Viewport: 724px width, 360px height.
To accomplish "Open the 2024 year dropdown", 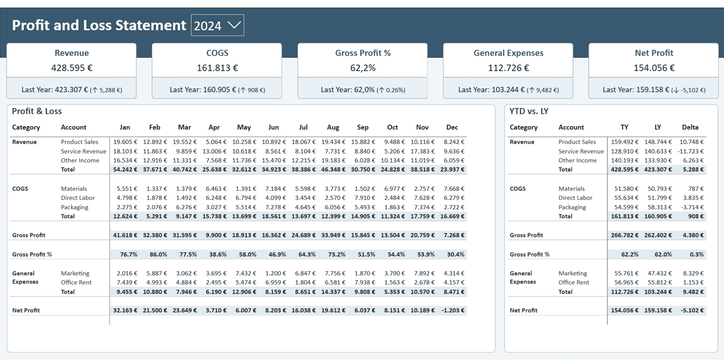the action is point(218,25).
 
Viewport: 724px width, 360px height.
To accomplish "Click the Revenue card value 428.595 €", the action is point(72,68).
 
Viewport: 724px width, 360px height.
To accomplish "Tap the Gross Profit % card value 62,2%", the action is point(363,68).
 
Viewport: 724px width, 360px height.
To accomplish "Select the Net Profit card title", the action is point(654,53).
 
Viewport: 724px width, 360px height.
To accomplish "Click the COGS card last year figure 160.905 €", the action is point(220,90).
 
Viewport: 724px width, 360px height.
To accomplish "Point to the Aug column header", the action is point(333,128).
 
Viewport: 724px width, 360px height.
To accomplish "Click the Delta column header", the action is point(690,128).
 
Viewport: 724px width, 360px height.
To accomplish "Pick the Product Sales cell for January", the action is point(125,142).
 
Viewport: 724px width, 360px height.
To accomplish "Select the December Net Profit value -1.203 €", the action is point(453,310).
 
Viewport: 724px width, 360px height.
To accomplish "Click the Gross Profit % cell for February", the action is point(158,254).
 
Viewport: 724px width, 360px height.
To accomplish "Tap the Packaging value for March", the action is point(185,207).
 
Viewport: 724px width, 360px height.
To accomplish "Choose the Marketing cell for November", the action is point(422,274).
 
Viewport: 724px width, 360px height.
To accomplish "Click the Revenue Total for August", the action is point(333,169).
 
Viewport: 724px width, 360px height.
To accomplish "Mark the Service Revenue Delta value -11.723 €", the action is point(690,151).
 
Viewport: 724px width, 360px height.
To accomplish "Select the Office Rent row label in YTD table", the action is point(574,283).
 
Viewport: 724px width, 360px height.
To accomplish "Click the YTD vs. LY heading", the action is point(529,111).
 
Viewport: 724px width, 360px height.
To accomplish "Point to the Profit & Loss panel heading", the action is point(37,111).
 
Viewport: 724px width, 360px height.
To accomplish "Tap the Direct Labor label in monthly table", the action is point(78,197).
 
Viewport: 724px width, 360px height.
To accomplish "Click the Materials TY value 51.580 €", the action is point(626,189).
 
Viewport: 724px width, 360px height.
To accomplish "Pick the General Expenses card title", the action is point(509,53).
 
